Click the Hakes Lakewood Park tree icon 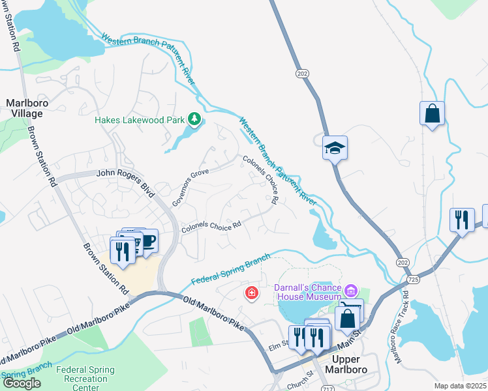click(x=194, y=119)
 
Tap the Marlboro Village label click(x=25, y=108)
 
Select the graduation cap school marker click(x=335, y=148)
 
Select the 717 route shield click(x=328, y=388)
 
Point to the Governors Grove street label click(x=194, y=188)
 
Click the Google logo click(x=22, y=383)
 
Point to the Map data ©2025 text click(x=461, y=386)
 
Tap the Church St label click(x=301, y=374)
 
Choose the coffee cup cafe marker click(x=147, y=241)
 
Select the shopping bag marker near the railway click(x=432, y=114)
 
